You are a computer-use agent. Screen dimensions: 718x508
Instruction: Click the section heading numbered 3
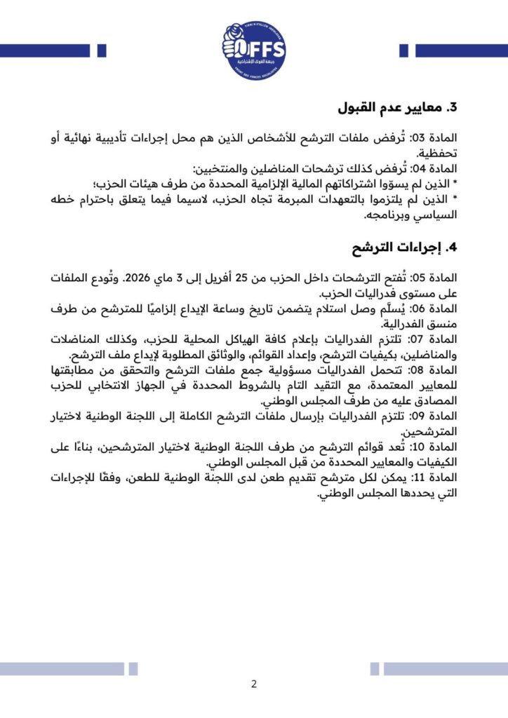tap(396, 109)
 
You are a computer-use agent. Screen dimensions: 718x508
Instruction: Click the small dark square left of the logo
tap(101, 50)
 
